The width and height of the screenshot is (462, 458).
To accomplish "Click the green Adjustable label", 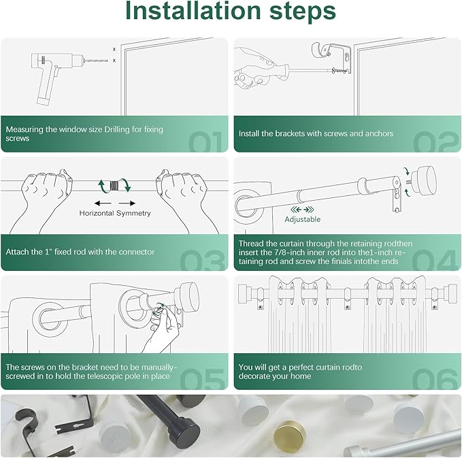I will pos(303,219).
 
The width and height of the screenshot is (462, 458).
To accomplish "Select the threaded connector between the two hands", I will pos(123,184).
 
